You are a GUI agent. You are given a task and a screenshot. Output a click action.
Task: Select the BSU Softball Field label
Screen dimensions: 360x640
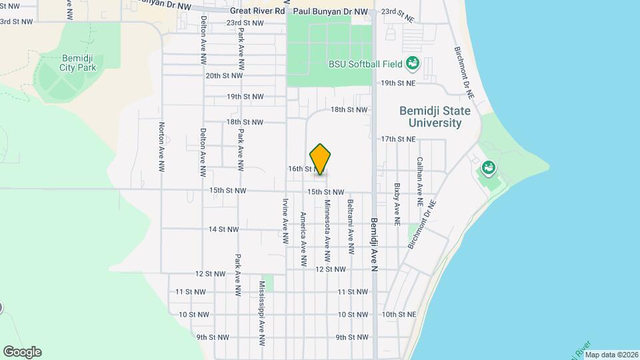tap(365, 65)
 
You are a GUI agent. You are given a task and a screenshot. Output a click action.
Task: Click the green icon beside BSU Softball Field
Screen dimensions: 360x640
tap(413, 64)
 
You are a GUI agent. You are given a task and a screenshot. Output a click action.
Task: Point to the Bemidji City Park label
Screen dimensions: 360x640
tap(78, 62)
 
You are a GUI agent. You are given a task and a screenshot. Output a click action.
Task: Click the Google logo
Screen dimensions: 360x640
tap(22, 352)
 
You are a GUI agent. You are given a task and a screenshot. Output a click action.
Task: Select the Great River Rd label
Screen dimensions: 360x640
tap(257, 11)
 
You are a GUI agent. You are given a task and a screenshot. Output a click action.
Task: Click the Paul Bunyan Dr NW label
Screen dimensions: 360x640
tap(331, 11)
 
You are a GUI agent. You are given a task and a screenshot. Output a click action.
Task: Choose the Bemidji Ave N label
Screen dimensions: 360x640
tap(374, 244)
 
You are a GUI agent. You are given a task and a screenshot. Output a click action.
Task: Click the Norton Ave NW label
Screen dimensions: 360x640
tap(161, 147)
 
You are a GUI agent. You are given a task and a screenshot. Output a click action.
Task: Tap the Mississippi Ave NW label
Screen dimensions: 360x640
tap(262, 312)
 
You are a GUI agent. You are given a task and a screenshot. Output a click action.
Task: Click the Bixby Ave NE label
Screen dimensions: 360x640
tap(397, 203)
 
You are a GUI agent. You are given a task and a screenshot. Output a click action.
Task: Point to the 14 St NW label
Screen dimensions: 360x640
tap(223, 229)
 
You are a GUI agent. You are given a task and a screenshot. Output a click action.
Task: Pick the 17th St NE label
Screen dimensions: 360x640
tap(398, 139)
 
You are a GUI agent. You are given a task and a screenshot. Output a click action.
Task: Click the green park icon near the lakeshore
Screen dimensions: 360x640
tap(489, 167)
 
